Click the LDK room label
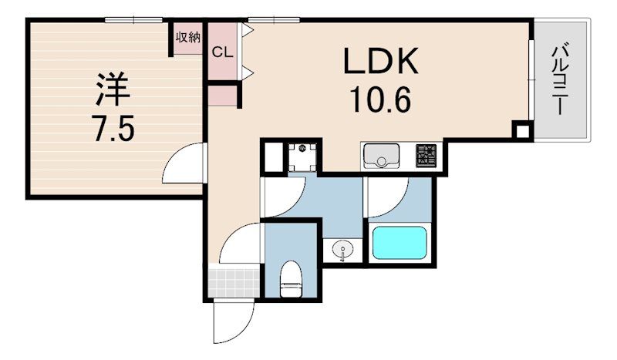coord(380,61)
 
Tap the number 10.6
coord(380,99)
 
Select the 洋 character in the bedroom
coord(113,89)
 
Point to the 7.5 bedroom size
coord(114,128)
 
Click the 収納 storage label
coord(188,37)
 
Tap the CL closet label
coord(223,52)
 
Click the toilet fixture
coord(292,279)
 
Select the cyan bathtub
coord(400,243)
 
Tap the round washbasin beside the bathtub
coord(342,250)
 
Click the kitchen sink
coord(381,156)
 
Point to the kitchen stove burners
coord(427,156)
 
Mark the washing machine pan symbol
coord(302,157)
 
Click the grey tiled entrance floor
coord(234,283)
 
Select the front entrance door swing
coord(234,321)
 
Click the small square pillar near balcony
coord(522,131)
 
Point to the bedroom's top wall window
coord(133,20)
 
